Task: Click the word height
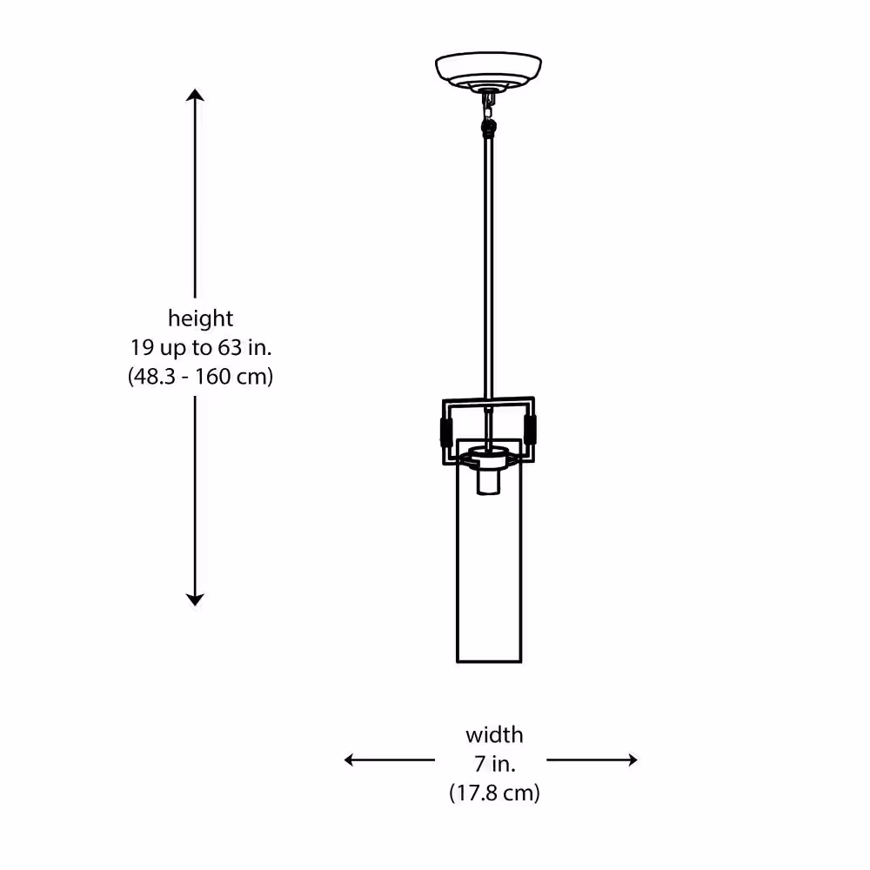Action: pyautogui.click(x=200, y=318)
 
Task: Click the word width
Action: pyautogui.click(x=494, y=734)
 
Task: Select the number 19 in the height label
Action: pyautogui.click(x=142, y=347)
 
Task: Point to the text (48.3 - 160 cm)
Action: pyautogui.click(x=200, y=376)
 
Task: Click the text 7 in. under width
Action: pyautogui.click(x=495, y=764)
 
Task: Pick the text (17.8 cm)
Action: pyautogui.click(x=494, y=793)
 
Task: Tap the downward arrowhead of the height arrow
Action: pyautogui.click(x=195, y=599)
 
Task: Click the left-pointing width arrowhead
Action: pyautogui.click(x=350, y=760)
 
